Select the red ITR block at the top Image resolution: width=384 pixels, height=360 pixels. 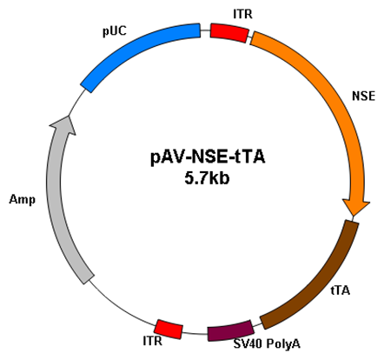point(229,33)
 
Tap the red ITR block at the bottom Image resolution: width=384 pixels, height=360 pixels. point(169,329)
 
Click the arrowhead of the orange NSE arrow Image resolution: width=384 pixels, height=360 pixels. point(355,206)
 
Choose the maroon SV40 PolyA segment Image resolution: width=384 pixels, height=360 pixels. point(230,330)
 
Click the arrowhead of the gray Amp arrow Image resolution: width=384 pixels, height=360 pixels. point(64,124)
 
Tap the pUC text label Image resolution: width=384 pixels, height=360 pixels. point(115,31)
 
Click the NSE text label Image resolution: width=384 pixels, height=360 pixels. point(363,96)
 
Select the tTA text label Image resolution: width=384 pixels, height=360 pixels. point(341,290)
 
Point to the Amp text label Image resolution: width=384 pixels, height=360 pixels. point(23,200)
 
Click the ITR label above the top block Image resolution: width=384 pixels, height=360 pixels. point(242,14)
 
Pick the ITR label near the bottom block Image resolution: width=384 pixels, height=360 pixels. point(153,341)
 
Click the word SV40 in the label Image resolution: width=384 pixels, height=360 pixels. point(248,343)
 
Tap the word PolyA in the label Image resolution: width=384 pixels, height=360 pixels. point(283,344)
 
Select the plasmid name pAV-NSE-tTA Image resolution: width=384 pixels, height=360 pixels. point(208,157)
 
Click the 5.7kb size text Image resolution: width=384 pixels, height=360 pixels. point(207,177)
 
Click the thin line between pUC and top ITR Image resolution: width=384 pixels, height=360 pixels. point(205,30)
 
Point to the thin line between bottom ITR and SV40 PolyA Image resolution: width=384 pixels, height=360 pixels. point(195,333)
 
